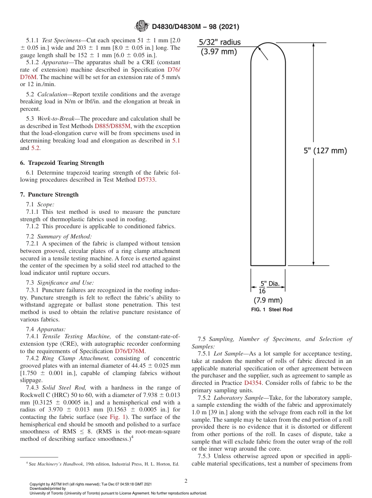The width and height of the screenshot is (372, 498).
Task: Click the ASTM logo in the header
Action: [x=141, y=26]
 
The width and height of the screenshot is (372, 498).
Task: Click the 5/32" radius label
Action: [x=220, y=42]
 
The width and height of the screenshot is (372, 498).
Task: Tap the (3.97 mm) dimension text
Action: [x=219, y=51]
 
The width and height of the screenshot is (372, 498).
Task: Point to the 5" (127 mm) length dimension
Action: [x=325, y=150]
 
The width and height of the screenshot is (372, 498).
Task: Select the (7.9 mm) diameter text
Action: [x=268, y=300]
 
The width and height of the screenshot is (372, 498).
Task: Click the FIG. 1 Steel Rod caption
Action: [x=272, y=310]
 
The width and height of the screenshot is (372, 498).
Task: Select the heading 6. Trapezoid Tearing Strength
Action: [x=62, y=163]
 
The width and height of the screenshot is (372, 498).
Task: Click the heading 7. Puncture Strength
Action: [x=49, y=195]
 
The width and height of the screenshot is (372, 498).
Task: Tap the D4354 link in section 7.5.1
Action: [x=253, y=383]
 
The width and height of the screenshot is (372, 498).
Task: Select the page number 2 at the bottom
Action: [x=186, y=481]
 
